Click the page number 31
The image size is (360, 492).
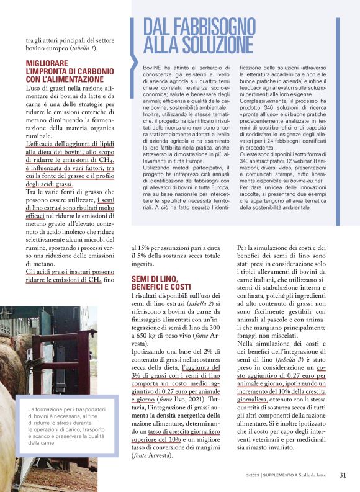click(x=342, y=475)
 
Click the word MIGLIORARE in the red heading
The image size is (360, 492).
click(x=47, y=63)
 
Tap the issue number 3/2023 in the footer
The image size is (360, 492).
click(x=254, y=476)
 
